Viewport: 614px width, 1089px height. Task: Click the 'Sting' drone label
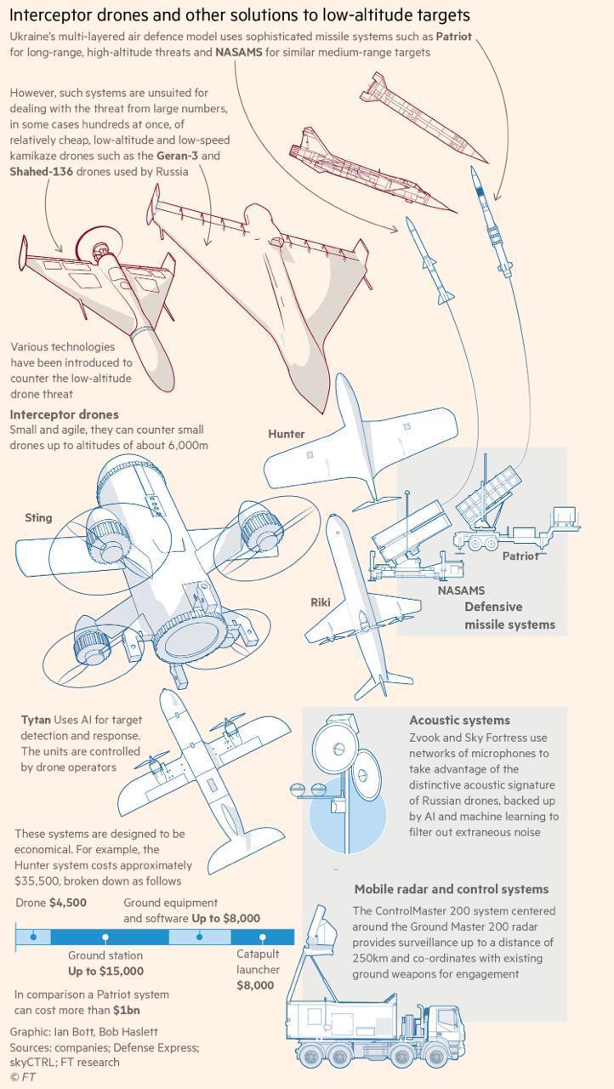pos(38,517)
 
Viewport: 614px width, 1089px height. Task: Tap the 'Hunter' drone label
pos(286,434)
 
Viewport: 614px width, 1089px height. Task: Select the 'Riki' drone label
pos(320,602)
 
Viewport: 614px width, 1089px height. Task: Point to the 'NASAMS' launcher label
pos(461,590)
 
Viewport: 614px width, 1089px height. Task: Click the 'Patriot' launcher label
pos(520,556)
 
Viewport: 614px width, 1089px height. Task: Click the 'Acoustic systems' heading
pos(459,721)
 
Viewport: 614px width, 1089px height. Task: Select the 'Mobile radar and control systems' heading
pos(451,889)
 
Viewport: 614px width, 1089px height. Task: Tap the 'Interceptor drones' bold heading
pos(64,414)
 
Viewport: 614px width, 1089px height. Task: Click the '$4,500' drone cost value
pos(68,903)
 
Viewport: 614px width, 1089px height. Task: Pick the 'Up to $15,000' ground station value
pos(105,971)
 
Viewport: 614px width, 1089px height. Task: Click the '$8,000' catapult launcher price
pos(255,985)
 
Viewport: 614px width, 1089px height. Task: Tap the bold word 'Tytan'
pos(36,720)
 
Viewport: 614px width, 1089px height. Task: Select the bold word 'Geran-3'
pos(176,156)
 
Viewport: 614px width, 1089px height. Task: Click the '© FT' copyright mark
pos(22,1077)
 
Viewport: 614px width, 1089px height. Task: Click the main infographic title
pos(239,15)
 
